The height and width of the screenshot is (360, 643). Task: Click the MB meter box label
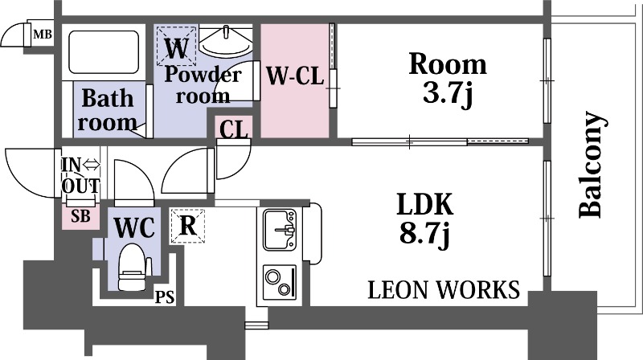pos(43,34)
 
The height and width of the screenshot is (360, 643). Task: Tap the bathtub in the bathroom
pos(104,52)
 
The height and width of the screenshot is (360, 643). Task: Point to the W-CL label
pos(295,76)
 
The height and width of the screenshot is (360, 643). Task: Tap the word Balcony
pos(592,164)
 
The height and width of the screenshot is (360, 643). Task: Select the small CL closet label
pos(234,129)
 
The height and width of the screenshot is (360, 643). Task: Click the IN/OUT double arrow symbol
pos(92,166)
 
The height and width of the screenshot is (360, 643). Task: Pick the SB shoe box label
pos(80,215)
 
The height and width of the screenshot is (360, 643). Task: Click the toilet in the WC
pos(132,267)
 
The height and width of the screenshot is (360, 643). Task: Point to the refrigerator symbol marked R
pos(187,226)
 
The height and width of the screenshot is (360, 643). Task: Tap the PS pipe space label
pos(165,297)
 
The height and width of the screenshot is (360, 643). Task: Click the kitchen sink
pos(280,230)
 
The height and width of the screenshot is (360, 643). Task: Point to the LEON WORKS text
pos(444,289)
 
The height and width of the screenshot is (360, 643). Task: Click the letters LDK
pos(425,204)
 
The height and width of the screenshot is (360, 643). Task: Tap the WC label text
pos(134,228)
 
